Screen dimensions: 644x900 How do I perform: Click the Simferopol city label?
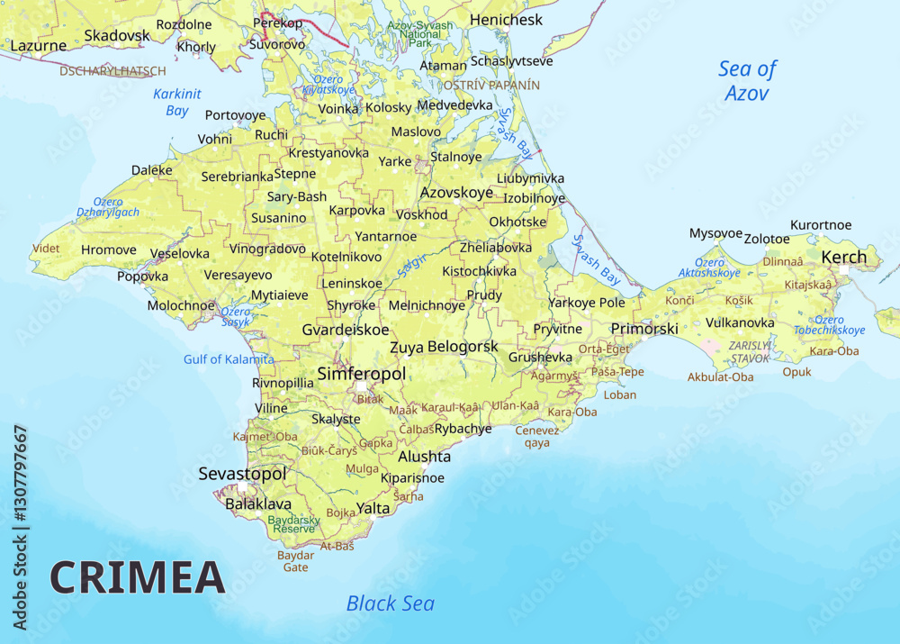(x=362, y=373)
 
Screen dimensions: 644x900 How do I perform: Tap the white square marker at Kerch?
(x=844, y=269)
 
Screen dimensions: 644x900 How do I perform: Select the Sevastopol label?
(x=242, y=474)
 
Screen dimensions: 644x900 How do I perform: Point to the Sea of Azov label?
(x=746, y=80)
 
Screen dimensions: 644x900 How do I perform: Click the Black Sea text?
(x=390, y=603)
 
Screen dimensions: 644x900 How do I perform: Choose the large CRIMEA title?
(x=137, y=577)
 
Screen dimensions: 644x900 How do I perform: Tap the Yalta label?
(x=373, y=508)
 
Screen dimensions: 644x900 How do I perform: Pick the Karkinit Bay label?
(x=177, y=102)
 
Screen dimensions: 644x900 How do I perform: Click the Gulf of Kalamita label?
(x=229, y=358)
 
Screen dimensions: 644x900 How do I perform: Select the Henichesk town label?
(x=506, y=19)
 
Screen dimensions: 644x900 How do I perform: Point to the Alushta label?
(x=425, y=457)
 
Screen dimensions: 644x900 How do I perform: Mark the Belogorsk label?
(x=463, y=346)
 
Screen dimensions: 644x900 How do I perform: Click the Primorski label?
(x=644, y=329)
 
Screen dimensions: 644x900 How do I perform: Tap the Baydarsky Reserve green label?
(x=293, y=524)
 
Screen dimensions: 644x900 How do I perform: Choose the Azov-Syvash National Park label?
(x=420, y=33)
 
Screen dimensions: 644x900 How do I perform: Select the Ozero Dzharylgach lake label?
(x=108, y=207)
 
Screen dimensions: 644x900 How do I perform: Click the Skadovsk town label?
(x=116, y=35)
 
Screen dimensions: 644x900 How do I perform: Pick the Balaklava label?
(x=258, y=503)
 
